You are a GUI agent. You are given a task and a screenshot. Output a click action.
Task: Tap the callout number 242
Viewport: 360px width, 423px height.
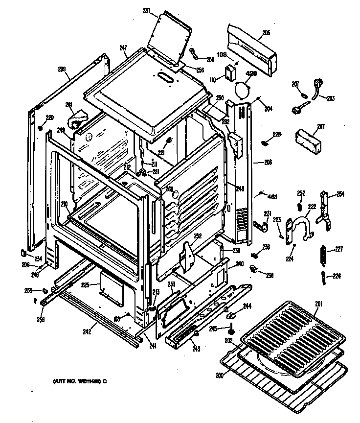pos(87,332)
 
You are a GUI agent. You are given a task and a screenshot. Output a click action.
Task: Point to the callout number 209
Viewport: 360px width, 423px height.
pos(62,70)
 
